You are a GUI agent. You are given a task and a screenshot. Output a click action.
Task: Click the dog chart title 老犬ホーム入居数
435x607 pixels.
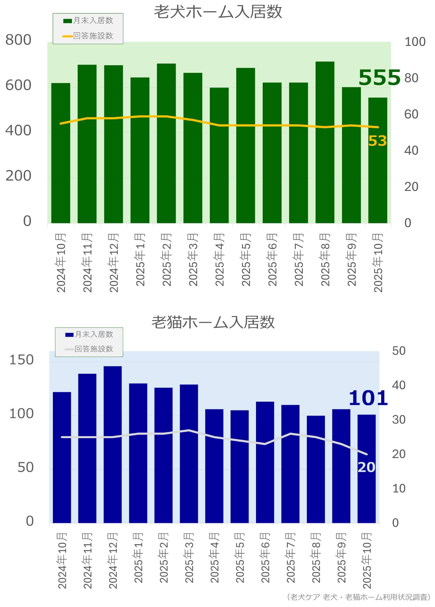(x=218, y=12)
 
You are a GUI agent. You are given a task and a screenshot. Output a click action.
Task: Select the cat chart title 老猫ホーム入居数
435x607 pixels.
(x=213, y=322)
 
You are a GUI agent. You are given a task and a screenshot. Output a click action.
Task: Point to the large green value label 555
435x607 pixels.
(x=379, y=78)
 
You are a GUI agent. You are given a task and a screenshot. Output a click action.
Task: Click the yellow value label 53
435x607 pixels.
(x=377, y=141)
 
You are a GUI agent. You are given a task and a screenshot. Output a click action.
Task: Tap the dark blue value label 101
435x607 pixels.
(x=368, y=398)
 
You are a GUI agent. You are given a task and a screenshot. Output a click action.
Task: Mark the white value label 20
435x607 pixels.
(x=366, y=467)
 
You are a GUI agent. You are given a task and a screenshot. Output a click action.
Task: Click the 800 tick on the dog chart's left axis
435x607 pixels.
(x=18, y=40)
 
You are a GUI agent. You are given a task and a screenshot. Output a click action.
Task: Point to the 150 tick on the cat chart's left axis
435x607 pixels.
(x=21, y=360)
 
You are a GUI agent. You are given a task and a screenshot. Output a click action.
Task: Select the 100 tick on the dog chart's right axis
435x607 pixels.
(x=415, y=42)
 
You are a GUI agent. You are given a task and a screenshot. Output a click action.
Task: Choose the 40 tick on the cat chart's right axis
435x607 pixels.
(x=399, y=385)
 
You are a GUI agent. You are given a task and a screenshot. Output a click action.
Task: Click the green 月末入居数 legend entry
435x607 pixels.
(x=89, y=21)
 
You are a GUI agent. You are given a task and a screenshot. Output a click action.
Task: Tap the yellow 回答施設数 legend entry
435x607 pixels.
(x=89, y=36)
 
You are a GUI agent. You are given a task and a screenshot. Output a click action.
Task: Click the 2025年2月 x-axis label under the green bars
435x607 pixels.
(x=166, y=260)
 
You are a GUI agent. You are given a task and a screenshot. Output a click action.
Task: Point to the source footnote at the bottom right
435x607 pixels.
(x=358, y=597)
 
